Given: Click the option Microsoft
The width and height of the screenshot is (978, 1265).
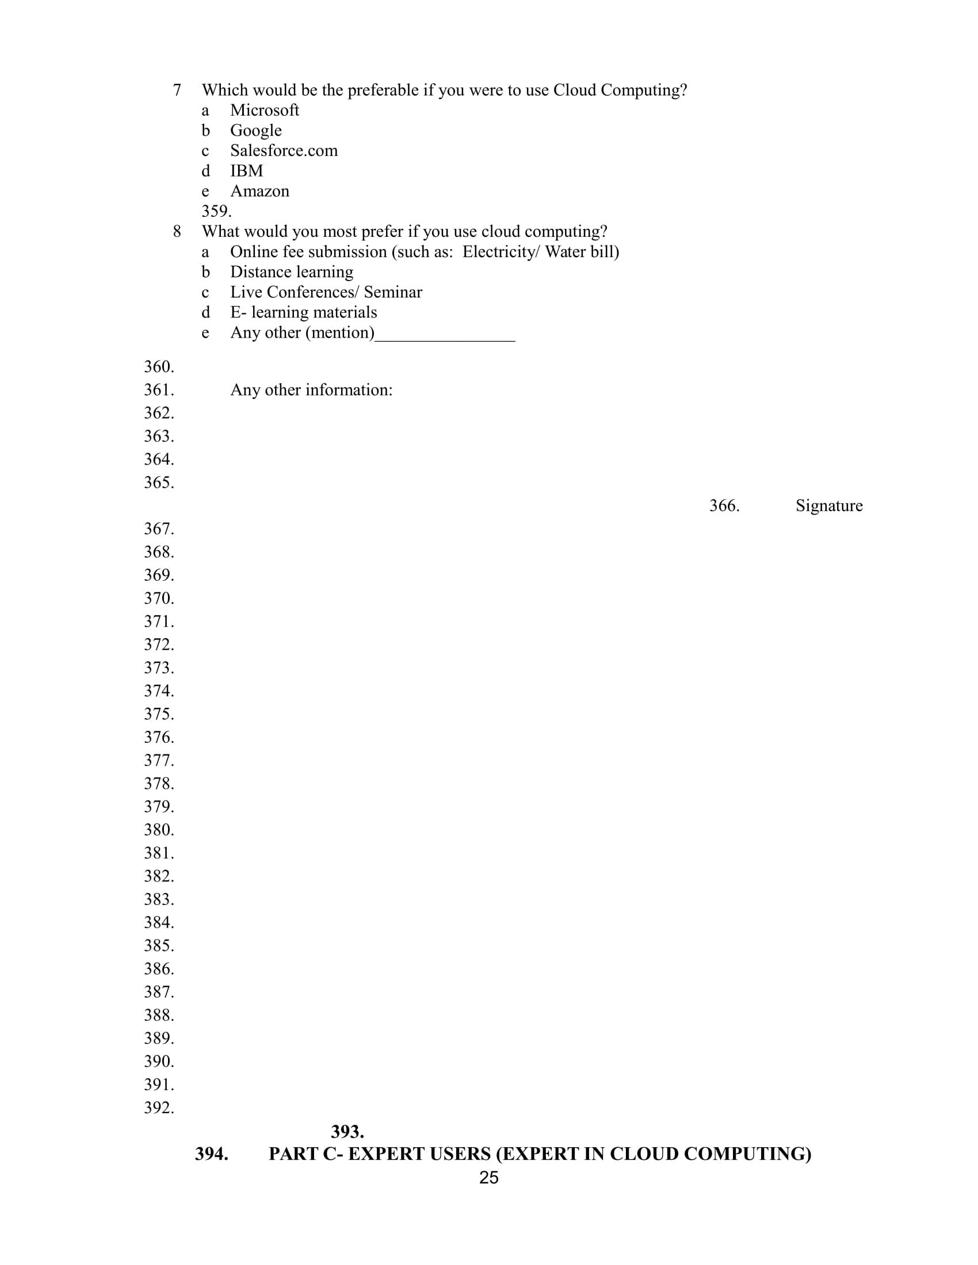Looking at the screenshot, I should click(264, 110).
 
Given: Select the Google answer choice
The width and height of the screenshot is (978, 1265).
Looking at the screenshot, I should click(255, 131).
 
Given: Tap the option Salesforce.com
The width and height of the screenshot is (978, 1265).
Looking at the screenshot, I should click(283, 151).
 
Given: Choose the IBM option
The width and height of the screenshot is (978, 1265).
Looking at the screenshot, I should click(246, 171).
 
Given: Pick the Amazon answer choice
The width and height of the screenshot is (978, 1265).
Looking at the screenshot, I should click(259, 191).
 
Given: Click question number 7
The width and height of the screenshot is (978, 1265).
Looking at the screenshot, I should click(177, 90).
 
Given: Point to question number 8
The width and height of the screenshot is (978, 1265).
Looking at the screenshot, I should click(177, 232).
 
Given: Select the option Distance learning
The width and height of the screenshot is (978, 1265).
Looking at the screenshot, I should click(292, 272).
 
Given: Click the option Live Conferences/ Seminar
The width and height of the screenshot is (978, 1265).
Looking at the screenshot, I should click(326, 293).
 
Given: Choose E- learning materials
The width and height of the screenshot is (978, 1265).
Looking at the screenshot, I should click(303, 313).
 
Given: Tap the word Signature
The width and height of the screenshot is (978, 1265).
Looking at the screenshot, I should click(828, 505).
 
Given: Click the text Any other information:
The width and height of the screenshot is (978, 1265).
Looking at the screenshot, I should click(311, 390).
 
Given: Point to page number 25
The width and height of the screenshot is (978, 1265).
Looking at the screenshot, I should click(489, 1178).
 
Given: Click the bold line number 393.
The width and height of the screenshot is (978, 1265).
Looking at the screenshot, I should click(347, 1131).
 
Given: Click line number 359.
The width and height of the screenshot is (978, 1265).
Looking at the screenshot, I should click(216, 211).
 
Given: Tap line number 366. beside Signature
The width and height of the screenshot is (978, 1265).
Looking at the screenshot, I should click(724, 505).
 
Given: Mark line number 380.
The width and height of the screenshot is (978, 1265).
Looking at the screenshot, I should click(159, 830).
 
